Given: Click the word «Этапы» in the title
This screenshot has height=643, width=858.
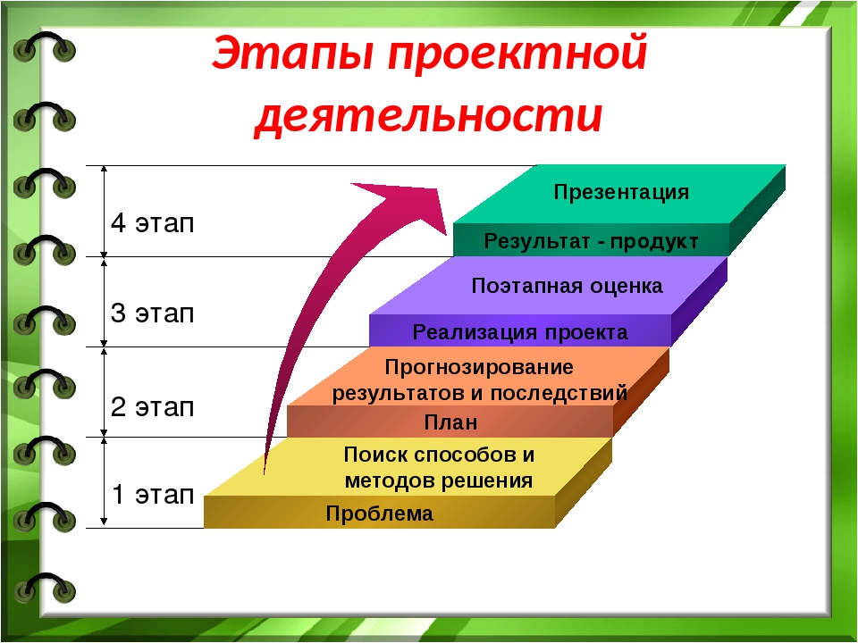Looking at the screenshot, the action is point(293,52).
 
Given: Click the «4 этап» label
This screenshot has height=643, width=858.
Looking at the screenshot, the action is point(152,223).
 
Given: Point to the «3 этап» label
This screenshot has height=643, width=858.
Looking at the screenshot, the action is point(152,313).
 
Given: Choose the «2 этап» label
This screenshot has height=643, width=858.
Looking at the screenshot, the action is point(152,407).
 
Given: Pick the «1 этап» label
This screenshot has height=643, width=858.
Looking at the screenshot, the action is point(153,494).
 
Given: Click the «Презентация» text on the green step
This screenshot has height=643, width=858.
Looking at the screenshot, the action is point(621,193).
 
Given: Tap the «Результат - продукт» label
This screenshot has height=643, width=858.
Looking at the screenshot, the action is point(591,242).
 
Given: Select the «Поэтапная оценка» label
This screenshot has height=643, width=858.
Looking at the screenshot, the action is point(567,286).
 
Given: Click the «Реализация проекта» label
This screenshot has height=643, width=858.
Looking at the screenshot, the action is point(520,332).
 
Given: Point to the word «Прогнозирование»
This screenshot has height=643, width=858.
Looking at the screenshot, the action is point(479,368).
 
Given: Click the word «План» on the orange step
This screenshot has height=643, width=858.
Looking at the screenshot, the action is point(450,422).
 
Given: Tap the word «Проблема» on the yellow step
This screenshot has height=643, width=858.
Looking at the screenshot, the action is point(379,514).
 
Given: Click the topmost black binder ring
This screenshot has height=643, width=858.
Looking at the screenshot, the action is point(45,45).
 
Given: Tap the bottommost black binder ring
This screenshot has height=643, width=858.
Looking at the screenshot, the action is point(45,585).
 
